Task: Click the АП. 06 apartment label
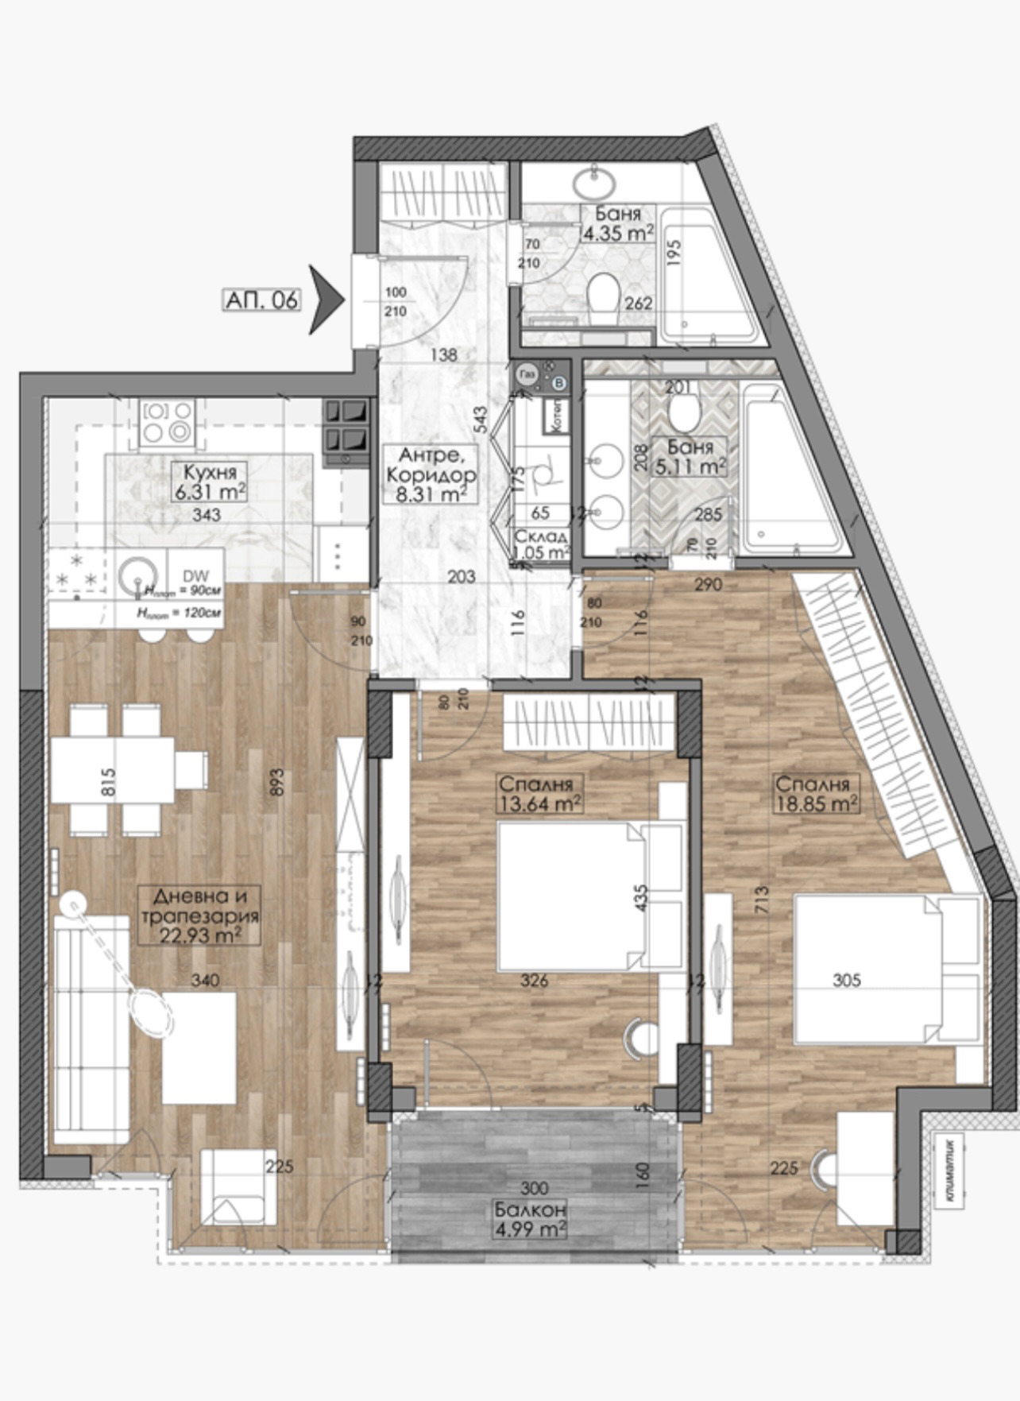(262, 300)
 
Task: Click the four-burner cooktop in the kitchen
(168, 421)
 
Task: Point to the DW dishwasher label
(191, 575)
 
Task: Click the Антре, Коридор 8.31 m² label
(429, 475)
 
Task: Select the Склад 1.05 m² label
(542, 544)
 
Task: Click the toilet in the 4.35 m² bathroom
(605, 299)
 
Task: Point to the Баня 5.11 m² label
(690, 456)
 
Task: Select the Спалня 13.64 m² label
(538, 793)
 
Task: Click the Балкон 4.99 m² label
(530, 1220)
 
